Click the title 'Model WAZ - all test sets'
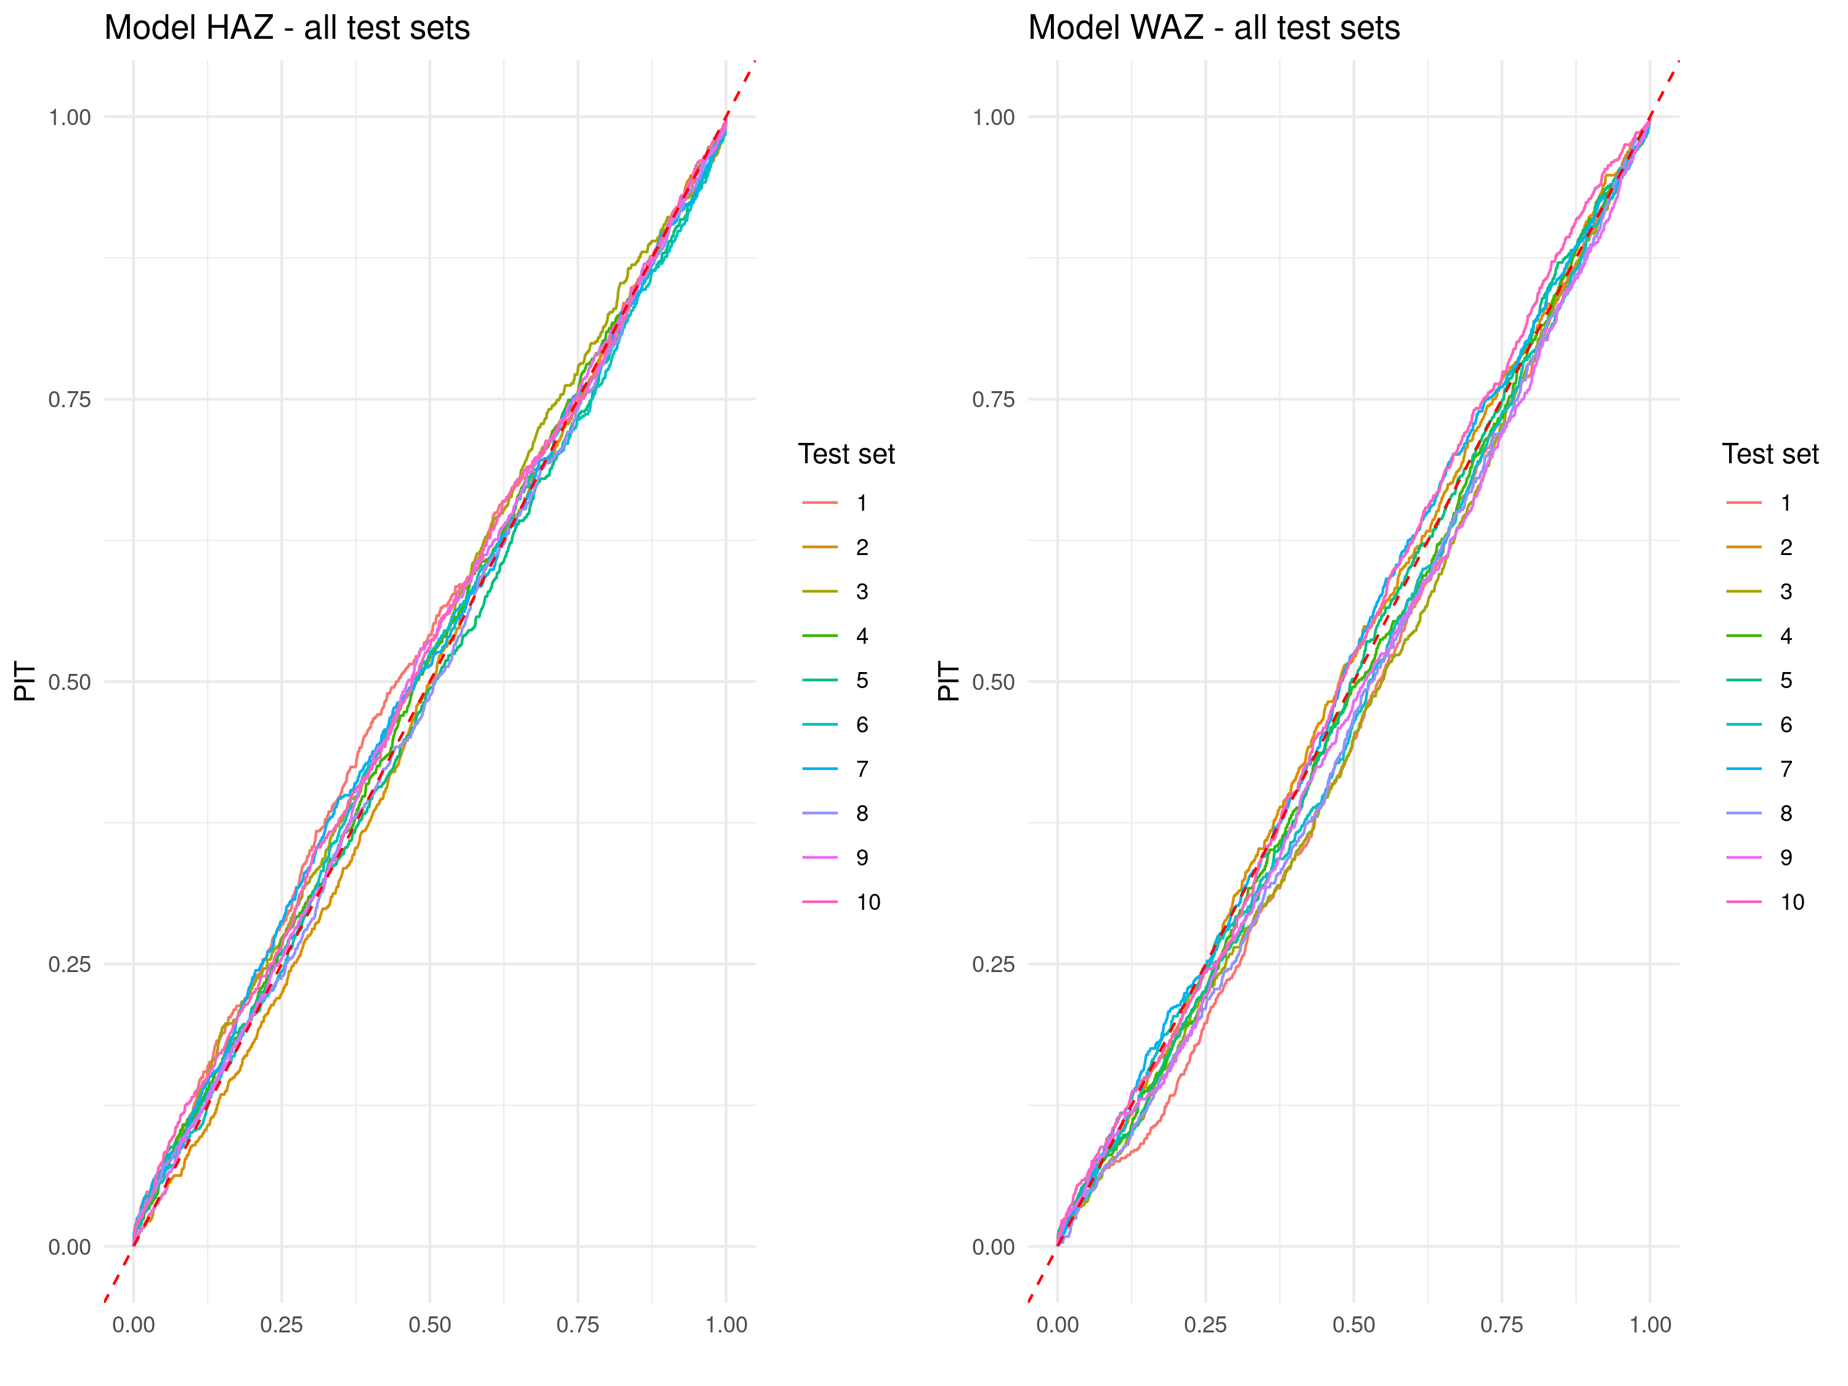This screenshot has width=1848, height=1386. tap(1213, 28)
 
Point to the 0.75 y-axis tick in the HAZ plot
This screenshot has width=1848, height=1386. tap(70, 399)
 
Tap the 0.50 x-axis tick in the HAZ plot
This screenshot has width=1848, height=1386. tap(429, 1324)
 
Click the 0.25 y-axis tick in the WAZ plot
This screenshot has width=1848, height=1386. tap(994, 964)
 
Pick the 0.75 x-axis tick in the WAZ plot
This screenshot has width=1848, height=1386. tap(1501, 1324)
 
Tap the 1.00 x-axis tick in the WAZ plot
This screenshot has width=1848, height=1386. tap(1650, 1324)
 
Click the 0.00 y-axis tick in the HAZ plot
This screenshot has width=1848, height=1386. tap(70, 1247)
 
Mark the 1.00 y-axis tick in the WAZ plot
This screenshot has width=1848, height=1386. tap(994, 118)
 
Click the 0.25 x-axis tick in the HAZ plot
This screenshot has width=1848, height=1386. tap(282, 1324)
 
